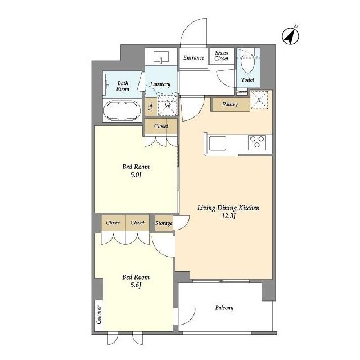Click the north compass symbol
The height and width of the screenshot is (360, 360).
coord(290,36)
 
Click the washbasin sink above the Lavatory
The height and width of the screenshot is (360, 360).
coord(161,57)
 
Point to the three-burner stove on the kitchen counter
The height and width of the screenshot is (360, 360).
coord(257,142)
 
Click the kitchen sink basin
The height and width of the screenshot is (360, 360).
coord(217,143)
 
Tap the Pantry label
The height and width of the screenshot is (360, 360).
coord(230,104)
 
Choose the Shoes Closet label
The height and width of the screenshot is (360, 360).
coord(222,56)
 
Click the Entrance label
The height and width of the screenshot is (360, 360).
coord(193,57)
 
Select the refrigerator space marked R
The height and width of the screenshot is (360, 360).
coord(259,100)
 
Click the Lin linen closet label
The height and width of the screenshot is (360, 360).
coord(151,107)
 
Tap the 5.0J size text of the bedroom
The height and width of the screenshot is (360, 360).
coord(136,175)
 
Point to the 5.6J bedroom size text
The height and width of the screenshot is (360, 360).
coord(136,285)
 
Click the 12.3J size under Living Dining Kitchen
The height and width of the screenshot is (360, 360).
coord(229,216)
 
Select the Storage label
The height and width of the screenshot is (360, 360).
coord(164,223)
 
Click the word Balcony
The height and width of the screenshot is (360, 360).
coord(224,308)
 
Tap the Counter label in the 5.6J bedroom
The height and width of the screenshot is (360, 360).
coord(99,314)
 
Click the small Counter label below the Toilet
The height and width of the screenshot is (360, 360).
coord(242,91)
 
